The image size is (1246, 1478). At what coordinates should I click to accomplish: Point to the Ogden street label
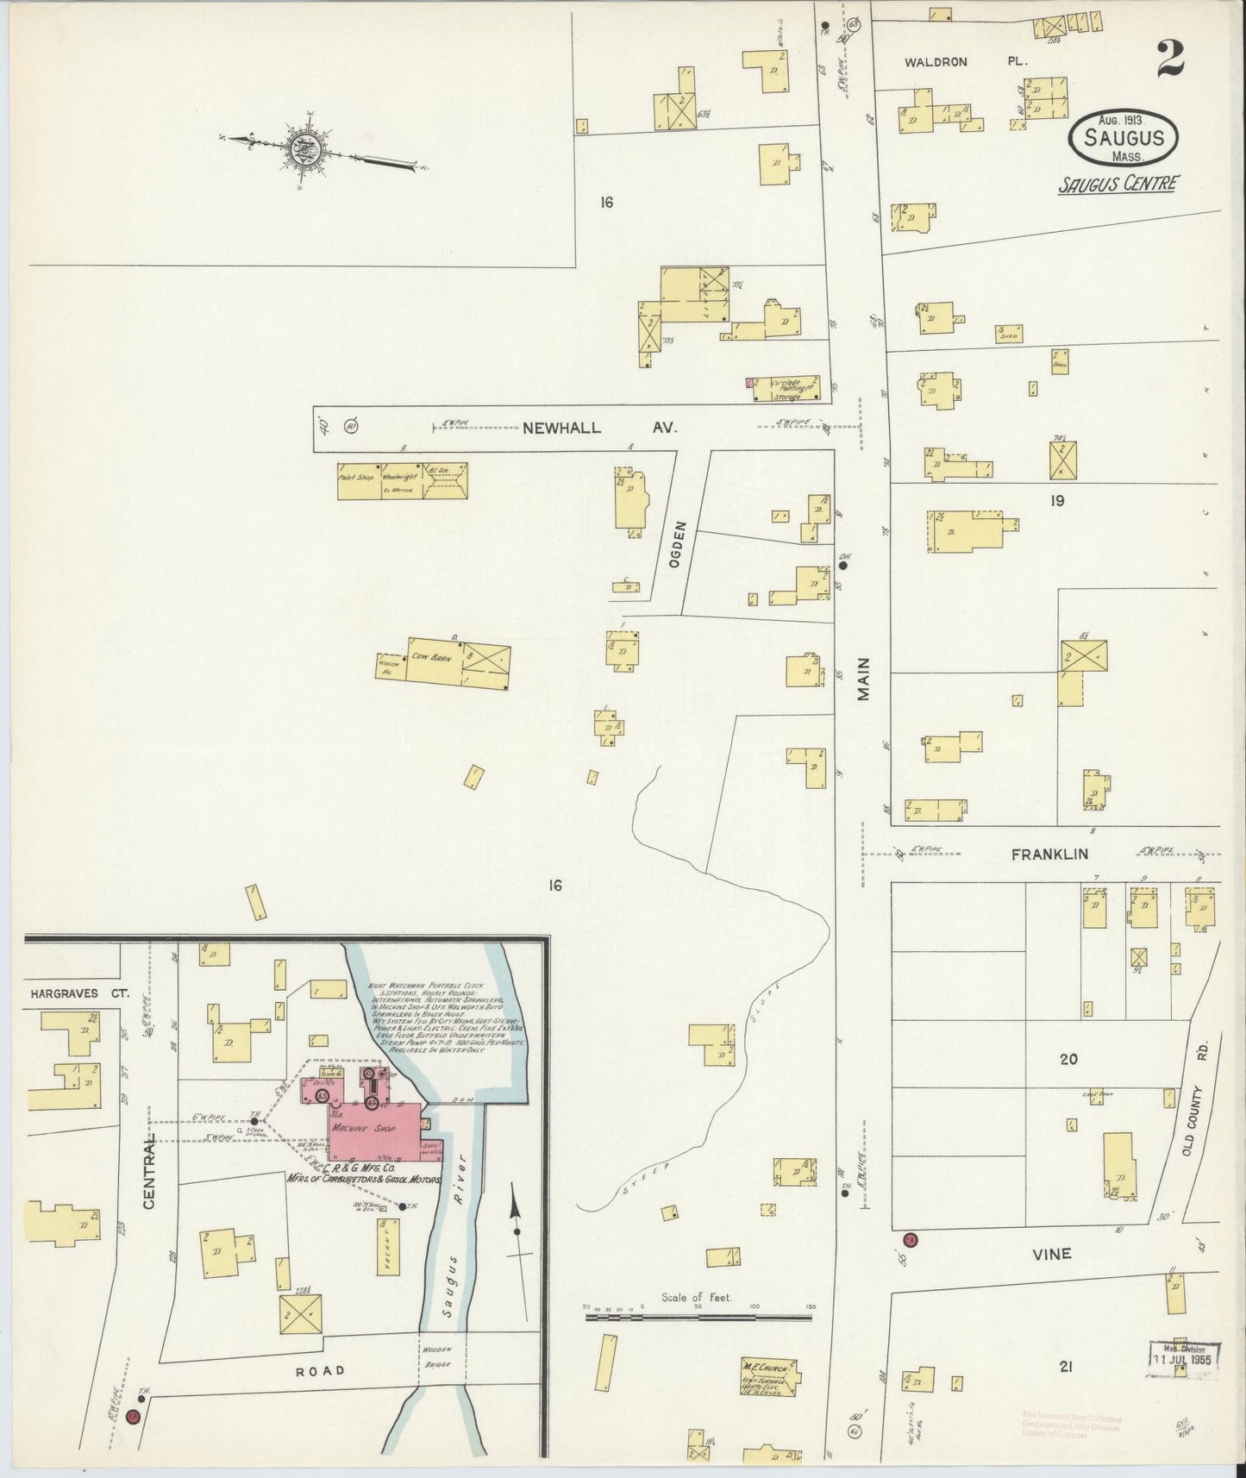(679, 542)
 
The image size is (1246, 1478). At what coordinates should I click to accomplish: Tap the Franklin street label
(1049, 854)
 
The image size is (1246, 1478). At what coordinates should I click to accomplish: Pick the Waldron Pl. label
(936, 62)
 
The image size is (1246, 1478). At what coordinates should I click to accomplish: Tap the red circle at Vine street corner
(911, 1240)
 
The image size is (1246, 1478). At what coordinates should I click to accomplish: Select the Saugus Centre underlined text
(1119, 184)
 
